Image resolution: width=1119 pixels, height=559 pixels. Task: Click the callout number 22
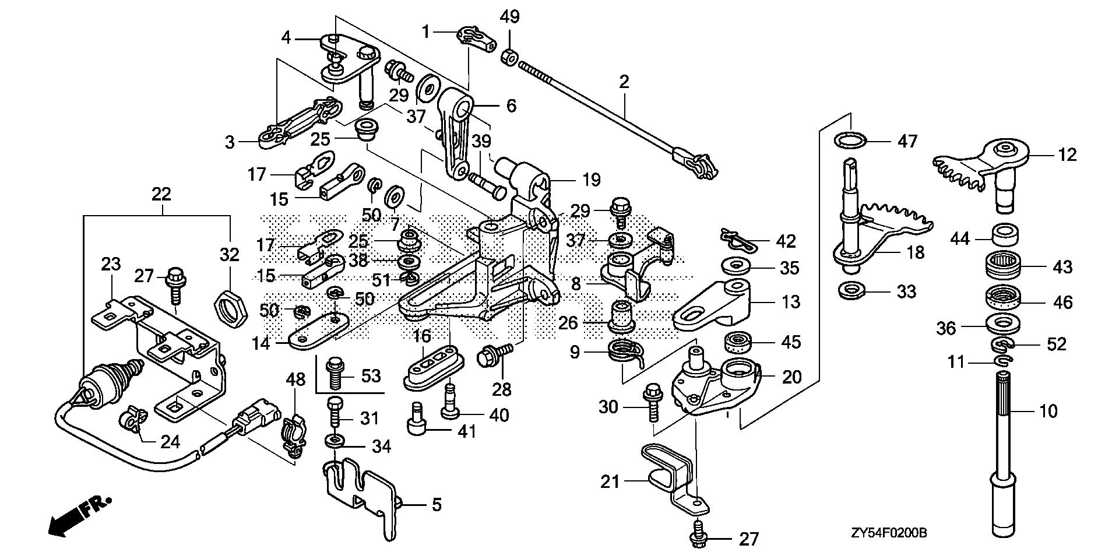(x=161, y=195)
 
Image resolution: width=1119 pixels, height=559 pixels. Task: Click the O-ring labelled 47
(x=850, y=140)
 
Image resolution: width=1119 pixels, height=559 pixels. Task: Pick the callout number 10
(x=1048, y=412)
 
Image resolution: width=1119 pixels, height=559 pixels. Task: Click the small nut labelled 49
(x=509, y=57)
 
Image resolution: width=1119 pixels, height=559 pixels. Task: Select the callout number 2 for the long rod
(x=624, y=82)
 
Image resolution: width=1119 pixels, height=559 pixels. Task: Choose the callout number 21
(x=610, y=482)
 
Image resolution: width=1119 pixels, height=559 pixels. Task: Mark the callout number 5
(x=436, y=505)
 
